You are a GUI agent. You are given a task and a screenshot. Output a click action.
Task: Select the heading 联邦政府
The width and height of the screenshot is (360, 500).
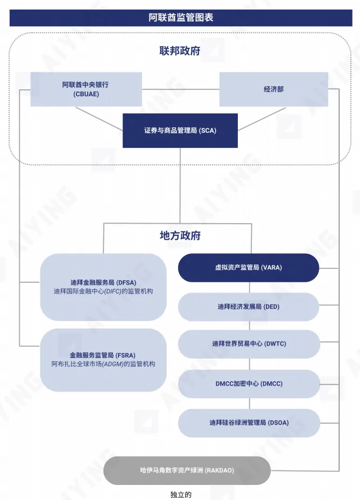pos(180,51)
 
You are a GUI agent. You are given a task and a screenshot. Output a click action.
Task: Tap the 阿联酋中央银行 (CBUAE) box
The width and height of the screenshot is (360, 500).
pos(86,89)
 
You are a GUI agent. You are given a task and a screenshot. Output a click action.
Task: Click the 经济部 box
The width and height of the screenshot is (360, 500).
pos(273,89)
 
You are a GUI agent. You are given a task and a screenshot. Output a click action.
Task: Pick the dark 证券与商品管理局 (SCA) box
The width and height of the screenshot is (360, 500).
pos(180,130)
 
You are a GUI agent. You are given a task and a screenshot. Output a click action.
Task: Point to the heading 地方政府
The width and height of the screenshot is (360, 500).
pos(180,235)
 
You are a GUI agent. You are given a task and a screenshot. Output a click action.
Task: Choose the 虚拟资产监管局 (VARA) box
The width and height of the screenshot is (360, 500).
pos(248,268)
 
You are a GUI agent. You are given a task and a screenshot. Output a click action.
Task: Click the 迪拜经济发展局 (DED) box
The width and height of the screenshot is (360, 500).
pos(248,307)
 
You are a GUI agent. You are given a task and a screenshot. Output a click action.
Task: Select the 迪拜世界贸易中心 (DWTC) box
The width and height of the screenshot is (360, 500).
pos(248,344)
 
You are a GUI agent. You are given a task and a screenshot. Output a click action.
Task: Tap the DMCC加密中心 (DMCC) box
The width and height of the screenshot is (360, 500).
pos(248,384)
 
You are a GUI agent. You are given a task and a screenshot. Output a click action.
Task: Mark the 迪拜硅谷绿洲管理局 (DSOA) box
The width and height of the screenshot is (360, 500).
pos(248,423)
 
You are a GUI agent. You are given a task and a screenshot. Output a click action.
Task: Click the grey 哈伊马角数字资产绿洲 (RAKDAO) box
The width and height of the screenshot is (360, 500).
pos(186,470)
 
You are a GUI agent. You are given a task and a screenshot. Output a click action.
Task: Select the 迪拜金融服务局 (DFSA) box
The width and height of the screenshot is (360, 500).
pos(103,287)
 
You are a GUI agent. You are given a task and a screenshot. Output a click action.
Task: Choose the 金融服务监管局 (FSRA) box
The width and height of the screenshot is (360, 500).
pos(103,360)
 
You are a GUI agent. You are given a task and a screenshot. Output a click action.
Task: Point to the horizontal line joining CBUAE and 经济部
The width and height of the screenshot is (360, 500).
pos(180,89)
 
